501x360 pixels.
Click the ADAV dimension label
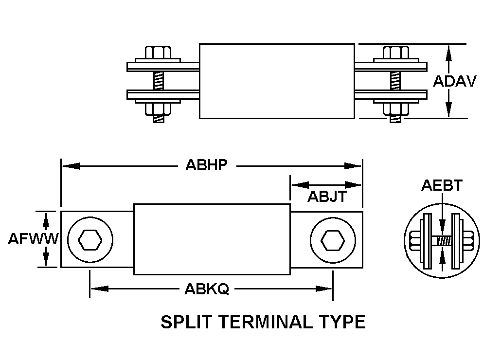point(454,81)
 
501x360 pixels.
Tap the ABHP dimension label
point(206,165)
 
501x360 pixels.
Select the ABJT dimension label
point(327,197)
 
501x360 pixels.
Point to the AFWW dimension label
point(34,238)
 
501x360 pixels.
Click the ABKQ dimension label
point(207,289)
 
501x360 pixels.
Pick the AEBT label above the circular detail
point(442,185)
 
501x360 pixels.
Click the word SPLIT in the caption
point(187,322)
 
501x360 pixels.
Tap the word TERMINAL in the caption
point(266,322)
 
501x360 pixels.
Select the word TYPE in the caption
point(343,322)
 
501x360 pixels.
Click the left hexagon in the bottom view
point(90,239)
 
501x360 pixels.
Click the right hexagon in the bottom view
point(333,240)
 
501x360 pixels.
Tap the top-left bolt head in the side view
point(158,53)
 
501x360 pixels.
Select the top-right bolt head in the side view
point(396,53)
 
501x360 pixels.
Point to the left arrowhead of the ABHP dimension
point(71,166)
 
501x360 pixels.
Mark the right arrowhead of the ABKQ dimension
point(323,289)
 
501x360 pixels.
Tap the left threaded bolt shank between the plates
point(159,81)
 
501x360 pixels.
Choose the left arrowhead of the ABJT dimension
point(300,185)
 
